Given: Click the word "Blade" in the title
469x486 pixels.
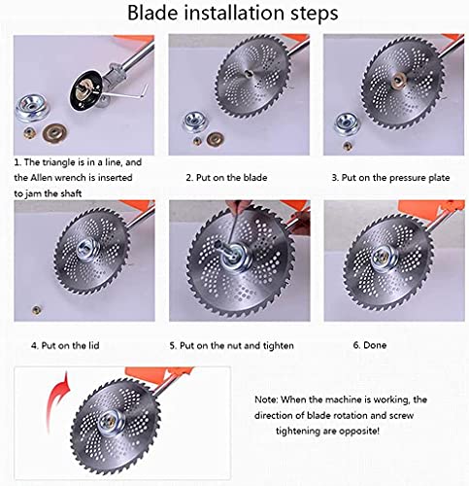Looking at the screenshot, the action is click(x=152, y=13).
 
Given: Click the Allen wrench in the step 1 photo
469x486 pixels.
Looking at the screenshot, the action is click(x=127, y=93).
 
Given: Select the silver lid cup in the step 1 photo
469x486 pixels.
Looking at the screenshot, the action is click(x=32, y=108).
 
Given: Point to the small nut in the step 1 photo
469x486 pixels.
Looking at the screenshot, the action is click(x=29, y=132).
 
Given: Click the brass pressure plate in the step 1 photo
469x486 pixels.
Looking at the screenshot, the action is click(x=55, y=132).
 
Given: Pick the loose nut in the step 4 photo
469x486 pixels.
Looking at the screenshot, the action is click(x=37, y=310).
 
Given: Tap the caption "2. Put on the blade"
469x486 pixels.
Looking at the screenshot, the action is click(x=226, y=178).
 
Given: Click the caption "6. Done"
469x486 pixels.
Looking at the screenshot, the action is click(x=370, y=345).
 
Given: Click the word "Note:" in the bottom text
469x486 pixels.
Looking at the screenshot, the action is click(x=266, y=399).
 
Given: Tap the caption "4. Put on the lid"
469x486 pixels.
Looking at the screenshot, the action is click(x=65, y=345).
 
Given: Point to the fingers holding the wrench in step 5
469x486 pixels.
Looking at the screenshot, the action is click(x=237, y=205).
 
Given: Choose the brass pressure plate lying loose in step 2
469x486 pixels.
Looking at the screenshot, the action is click(x=216, y=139).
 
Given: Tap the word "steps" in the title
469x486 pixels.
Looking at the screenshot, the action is click(x=314, y=14).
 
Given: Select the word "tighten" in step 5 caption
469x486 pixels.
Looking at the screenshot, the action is click(x=278, y=346).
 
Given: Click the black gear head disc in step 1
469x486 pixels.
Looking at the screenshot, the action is click(x=86, y=91).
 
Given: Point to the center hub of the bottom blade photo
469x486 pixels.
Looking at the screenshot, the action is click(x=112, y=422).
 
